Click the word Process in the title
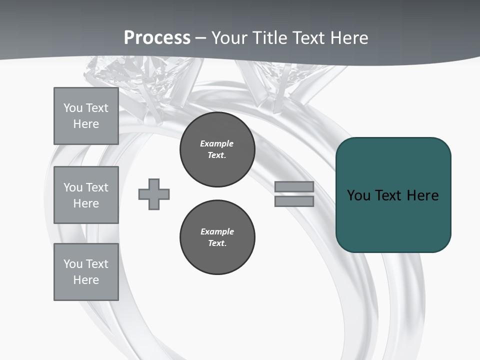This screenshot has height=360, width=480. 157,38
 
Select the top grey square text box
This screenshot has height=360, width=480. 86,116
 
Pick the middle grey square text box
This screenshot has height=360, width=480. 86,195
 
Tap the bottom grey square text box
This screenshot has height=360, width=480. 86,272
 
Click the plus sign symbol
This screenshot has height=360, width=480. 154,194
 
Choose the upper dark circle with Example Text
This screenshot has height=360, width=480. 217,149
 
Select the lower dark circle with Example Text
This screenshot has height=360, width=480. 217,237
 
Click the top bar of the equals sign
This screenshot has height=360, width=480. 294,186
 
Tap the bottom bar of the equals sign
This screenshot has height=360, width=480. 294,201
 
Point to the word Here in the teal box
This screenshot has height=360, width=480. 422,195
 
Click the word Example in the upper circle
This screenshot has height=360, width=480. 217,143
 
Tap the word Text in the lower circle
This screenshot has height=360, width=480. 217,243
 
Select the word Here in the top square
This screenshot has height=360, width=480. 86,124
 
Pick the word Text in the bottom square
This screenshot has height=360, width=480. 97,264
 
